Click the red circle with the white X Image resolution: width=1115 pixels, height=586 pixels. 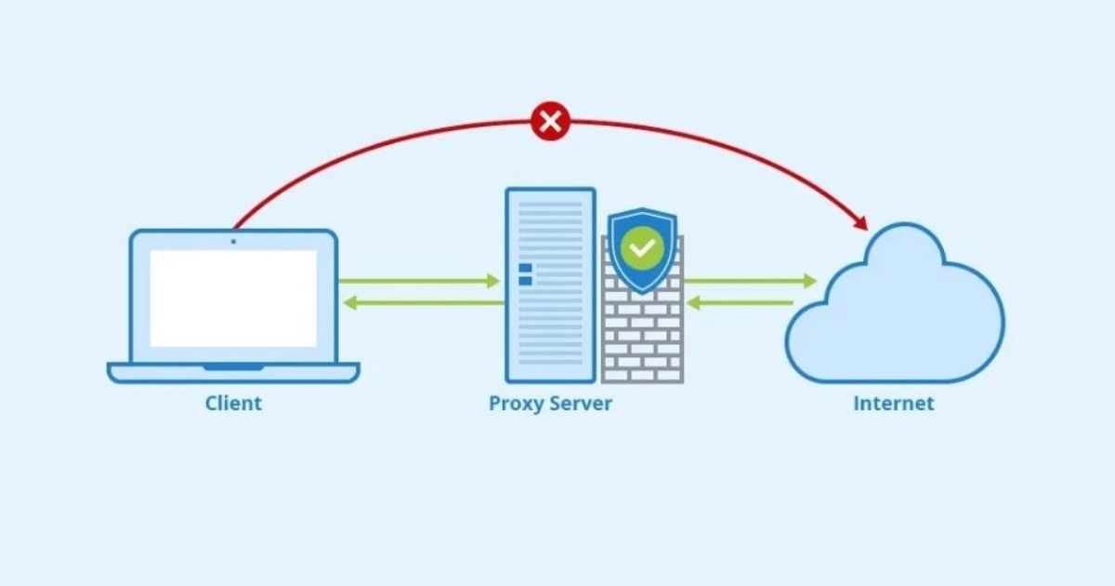[550, 122]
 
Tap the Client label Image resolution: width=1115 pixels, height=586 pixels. [233, 404]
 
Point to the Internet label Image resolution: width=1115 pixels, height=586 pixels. [894, 404]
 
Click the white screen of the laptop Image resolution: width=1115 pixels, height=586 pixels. [233, 298]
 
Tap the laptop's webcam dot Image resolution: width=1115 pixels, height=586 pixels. [233, 241]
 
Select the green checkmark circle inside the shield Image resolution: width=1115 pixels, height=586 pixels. [642, 247]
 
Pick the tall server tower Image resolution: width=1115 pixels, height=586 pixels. [550, 284]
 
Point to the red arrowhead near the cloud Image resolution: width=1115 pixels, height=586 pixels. [860, 223]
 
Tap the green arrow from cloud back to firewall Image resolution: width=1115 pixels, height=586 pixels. [740, 302]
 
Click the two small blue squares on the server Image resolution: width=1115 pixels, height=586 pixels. [525, 273]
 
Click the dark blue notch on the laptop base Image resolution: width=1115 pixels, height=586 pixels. [233, 367]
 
